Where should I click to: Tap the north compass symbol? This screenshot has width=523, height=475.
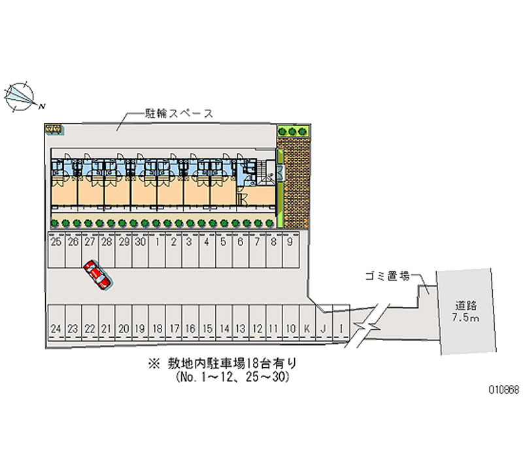click(21, 95)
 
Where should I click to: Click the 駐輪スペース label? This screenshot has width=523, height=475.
click(179, 113)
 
